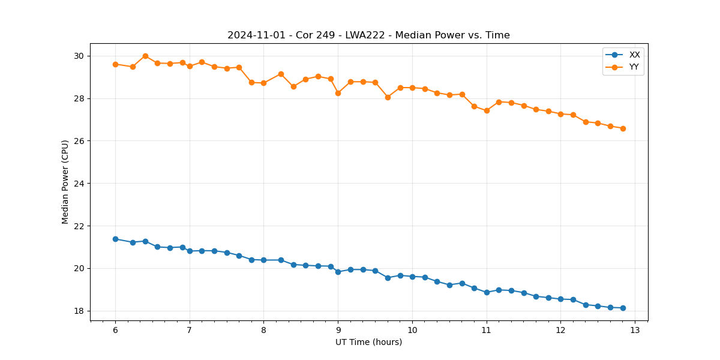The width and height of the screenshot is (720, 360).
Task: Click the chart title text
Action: coord(368,35)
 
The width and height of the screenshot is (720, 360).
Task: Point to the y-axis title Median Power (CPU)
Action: coord(65,182)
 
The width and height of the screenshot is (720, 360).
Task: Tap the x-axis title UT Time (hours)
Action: coord(368,342)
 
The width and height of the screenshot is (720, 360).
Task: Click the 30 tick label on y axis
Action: coord(79,56)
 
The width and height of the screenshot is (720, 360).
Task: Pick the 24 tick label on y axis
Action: coord(79,184)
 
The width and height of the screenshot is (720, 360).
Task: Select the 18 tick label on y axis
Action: coord(79,311)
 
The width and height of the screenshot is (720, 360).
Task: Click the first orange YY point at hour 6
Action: coord(115,64)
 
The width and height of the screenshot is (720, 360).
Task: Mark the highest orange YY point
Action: coord(145,56)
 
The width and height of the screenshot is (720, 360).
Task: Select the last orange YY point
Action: coord(623,128)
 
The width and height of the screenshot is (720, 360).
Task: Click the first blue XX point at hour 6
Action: coord(115,239)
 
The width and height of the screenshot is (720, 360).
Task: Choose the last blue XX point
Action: coord(623,308)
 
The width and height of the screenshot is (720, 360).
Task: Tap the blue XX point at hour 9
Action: coord(338,272)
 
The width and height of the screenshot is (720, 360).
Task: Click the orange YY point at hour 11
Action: coord(487,110)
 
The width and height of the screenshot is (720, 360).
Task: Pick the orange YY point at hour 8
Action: coord(263,83)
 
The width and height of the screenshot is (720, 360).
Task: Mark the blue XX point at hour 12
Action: coord(560,299)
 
